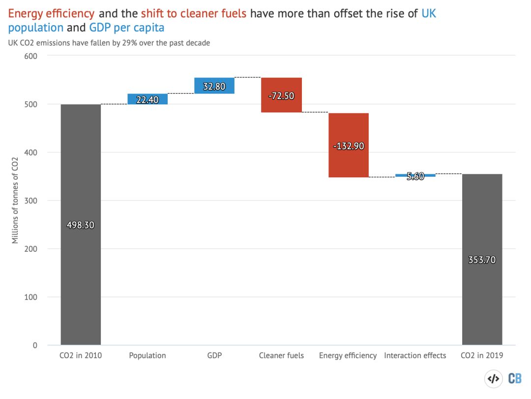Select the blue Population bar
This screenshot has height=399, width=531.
(x=147, y=99)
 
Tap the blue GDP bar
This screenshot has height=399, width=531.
(x=214, y=86)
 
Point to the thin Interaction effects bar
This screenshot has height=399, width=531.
(x=415, y=175)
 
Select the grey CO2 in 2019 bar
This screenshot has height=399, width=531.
(x=482, y=296)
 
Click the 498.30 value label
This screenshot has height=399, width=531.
(x=80, y=225)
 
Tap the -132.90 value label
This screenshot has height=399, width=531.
(x=349, y=146)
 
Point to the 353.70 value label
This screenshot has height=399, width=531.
(x=482, y=260)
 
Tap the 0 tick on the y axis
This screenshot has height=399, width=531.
(x=35, y=345)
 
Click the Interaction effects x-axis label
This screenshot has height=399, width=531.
(x=415, y=356)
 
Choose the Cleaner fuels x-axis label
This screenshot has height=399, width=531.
(x=281, y=356)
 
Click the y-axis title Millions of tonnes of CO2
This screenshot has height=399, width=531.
(x=15, y=200)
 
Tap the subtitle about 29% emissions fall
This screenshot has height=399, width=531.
(x=109, y=43)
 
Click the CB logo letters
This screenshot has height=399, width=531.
(x=515, y=378)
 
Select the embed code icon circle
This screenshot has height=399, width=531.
(x=493, y=378)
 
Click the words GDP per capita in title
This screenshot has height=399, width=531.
(x=126, y=27)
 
